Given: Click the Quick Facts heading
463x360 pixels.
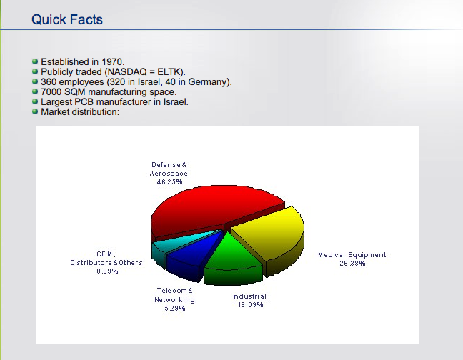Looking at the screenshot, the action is point(67,20).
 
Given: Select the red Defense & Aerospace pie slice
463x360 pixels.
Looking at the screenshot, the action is point(213,209).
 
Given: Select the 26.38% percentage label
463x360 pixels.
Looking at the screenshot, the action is point(352,263).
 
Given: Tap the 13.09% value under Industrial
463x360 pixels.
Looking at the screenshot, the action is point(250,305).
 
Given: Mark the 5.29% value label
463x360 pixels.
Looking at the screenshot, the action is point(175,309).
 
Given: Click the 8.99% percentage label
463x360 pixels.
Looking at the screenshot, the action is point(107,271).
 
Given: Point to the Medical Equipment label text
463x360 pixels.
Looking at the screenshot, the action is point(352,255).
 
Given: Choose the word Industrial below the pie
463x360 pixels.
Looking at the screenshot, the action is point(249,296).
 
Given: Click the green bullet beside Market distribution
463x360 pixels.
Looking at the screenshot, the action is point(35,111).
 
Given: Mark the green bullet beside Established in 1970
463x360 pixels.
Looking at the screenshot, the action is point(35,61).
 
